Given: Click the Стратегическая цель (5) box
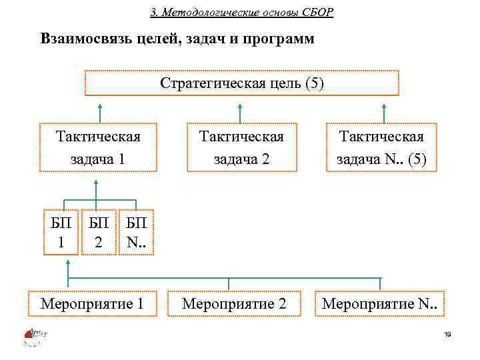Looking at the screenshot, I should (x=241, y=84).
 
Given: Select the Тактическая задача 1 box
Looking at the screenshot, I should (x=98, y=148).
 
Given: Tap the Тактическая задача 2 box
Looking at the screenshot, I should (x=241, y=148).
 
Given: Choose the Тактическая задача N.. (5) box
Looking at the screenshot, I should (x=381, y=148).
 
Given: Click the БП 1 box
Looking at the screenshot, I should (x=61, y=233).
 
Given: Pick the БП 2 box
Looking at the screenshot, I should (x=98, y=233).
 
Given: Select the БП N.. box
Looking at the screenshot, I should (x=137, y=233).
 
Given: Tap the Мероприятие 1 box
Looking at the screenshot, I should (x=93, y=303).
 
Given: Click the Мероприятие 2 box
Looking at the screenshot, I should (x=234, y=303).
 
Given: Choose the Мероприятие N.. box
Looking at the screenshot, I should (x=382, y=303).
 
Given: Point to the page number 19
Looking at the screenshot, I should (x=447, y=335).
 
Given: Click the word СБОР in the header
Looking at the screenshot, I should (x=317, y=13).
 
